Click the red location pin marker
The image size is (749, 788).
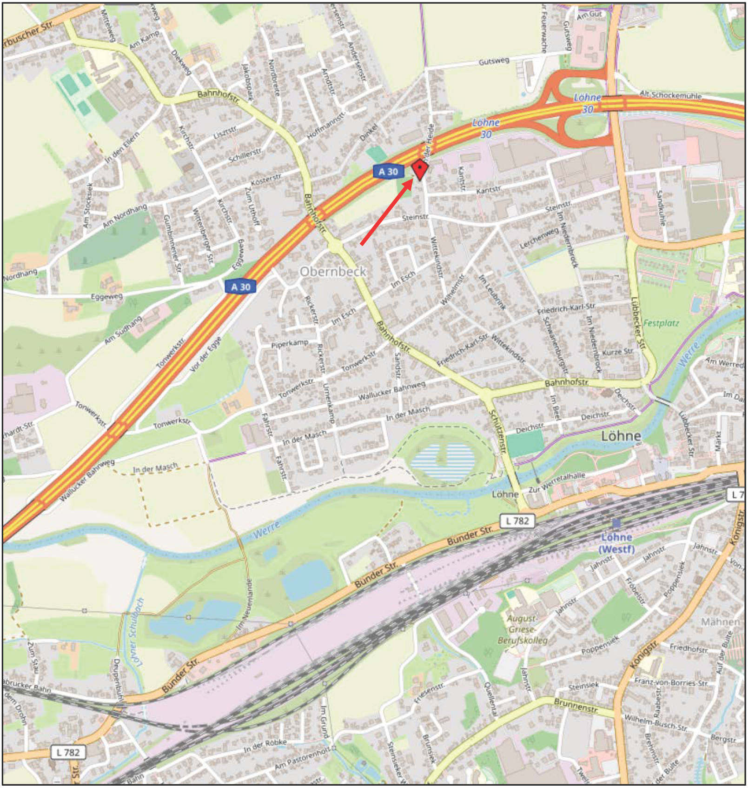pos(420,169)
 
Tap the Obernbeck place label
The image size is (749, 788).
pos(333,272)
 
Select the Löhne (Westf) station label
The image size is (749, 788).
pos(616,543)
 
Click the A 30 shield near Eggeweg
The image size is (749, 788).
pos(240,287)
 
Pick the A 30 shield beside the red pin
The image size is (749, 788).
pos(388,172)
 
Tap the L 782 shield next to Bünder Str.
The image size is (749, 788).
pos(517,521)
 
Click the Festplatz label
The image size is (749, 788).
pos(661,323)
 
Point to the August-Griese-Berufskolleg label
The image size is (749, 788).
pos(522,629)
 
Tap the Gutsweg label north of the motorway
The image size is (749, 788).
pos(494,61)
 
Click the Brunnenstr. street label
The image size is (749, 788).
pos(576,706)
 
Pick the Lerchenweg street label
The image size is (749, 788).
pos(539,238)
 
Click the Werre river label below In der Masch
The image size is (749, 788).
pos(266,530)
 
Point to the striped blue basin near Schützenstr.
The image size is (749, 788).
pos(443,462)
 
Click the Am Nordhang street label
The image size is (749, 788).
pos(125,216)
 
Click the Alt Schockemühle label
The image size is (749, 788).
pos(670,95)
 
